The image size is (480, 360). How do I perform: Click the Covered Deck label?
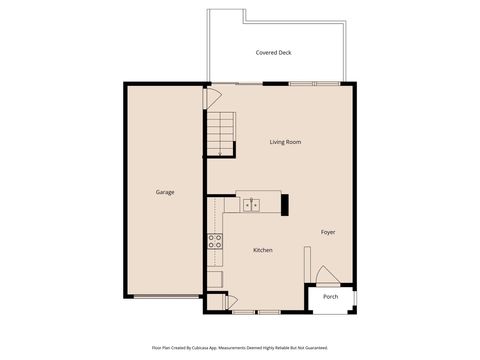(273, 52)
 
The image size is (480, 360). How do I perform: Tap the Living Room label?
(285, 142)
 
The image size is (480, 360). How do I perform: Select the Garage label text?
(165, 192)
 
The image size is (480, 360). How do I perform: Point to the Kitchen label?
(263, 250)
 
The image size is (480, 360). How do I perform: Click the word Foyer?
(328, 232)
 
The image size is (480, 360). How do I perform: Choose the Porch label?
(330, 297)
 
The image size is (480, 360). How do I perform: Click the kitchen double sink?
(250, 205)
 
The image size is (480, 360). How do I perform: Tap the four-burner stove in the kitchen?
(215, 240)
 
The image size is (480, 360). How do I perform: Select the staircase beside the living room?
(221, 133)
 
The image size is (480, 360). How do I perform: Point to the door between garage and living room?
(211, 98)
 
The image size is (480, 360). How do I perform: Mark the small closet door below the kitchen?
(229, 301)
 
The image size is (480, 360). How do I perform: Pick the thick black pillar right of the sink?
(286, 205)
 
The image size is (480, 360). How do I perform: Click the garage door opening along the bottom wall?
(165, 296)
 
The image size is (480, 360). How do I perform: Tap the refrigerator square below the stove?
(215, 278)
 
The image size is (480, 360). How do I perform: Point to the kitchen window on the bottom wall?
(243, 312)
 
